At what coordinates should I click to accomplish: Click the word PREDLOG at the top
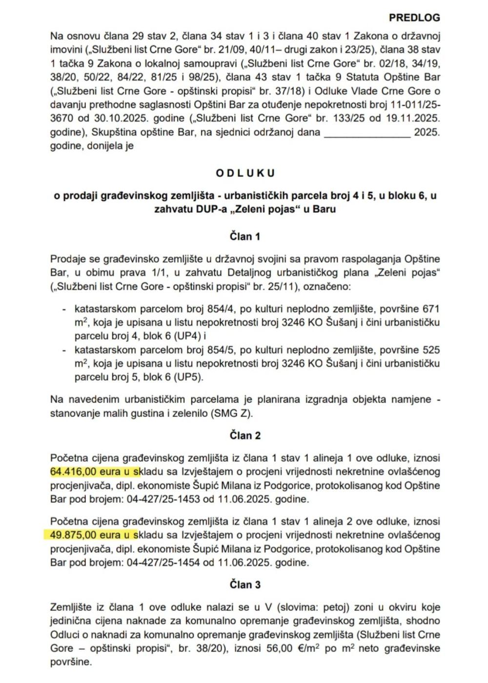(x=414, y=18)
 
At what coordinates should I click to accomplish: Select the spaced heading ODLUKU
(x=245, y=173)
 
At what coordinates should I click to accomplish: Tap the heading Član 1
(x=245, y=237)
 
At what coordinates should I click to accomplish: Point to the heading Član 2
(x=245, y=435)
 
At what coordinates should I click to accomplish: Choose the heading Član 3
(x=245, y=585)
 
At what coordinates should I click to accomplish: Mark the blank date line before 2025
(x=367, y=132)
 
